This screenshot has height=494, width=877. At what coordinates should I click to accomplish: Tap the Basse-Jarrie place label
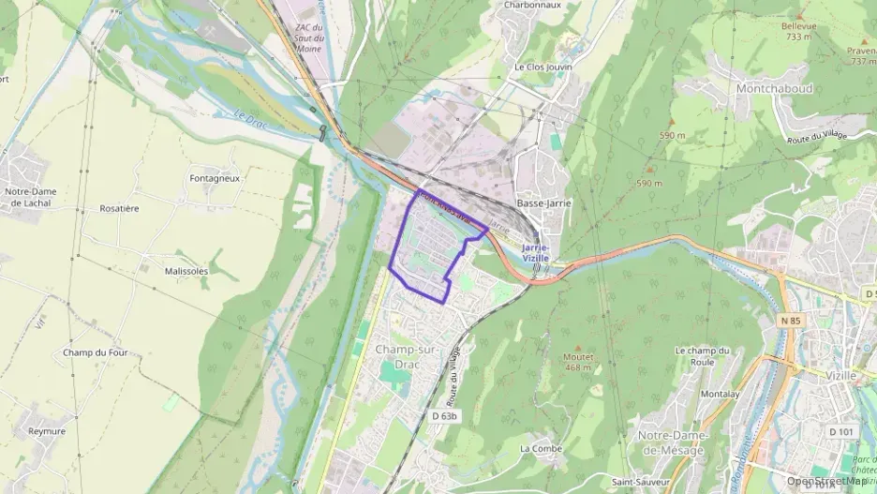[x=544, y=203]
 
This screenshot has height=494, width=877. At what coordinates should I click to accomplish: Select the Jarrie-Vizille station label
[x=535, y=252]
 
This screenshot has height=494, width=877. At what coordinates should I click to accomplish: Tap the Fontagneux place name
[x=215, y=177]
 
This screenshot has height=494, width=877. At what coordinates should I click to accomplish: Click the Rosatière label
[x=119, y=208]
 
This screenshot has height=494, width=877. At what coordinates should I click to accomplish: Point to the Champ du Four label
[x=96, y=352]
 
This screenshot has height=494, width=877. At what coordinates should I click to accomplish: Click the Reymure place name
[x=47, y=431]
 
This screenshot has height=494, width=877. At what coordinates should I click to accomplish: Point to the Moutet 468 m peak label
[x=578, y=362]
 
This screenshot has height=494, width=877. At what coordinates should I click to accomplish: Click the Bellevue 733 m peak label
[x=798, y=31]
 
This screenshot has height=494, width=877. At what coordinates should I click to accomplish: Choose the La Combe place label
[x=541, y=448]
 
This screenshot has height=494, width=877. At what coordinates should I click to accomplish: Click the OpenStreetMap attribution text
[x=827, y=481]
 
